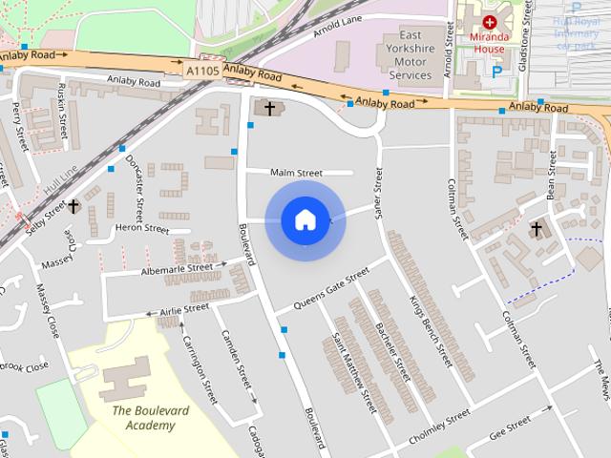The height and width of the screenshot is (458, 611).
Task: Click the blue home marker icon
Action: pos(305,220)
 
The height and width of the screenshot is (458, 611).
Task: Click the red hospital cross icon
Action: pos(490,21)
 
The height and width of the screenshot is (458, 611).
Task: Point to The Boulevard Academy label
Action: pos(149,417)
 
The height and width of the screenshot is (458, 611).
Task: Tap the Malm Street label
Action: pos(297,173)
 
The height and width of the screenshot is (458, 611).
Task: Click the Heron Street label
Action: pos(141,229)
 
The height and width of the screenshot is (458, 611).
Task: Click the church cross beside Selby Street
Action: pos(73,205)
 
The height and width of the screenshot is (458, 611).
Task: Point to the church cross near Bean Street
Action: pos(536,229)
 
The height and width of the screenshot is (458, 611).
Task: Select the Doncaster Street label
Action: pos(138,185)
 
